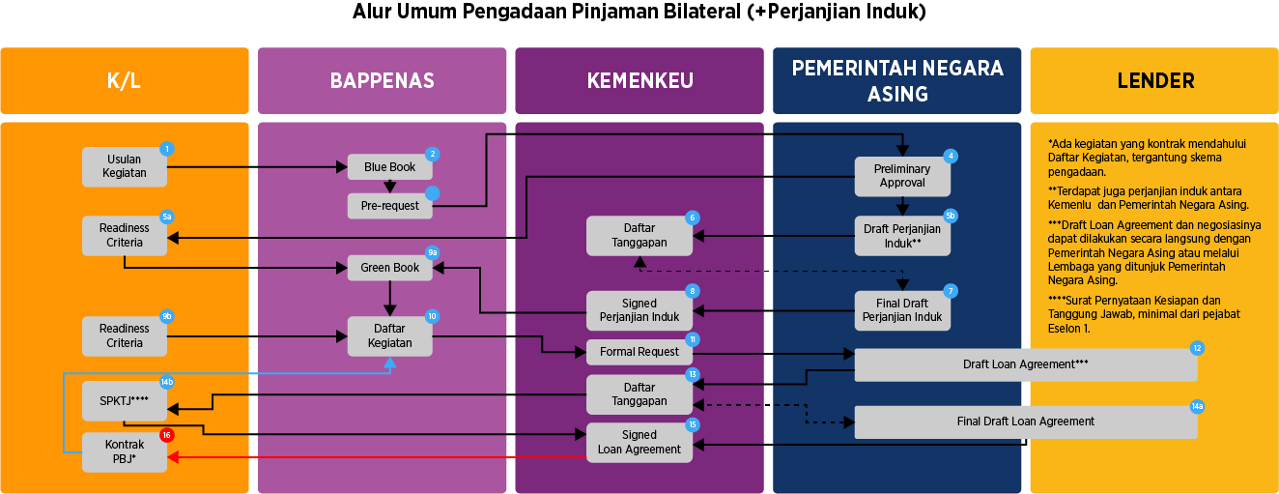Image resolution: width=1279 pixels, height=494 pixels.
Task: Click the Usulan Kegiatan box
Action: tap(125, 166)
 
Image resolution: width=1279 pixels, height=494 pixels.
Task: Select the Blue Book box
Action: tap(389, 167)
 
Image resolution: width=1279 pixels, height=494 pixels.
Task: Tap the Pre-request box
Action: tap(389, 206)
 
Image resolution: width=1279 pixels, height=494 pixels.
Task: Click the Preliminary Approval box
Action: tap(902, 176)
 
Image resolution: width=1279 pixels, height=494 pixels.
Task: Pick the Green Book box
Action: tap(389, 268)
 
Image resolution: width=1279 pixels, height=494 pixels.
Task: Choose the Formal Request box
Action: tap(639, 352)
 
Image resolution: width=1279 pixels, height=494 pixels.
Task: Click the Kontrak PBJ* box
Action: tap(125, 452)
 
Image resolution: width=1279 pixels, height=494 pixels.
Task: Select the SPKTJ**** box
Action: tap(125, 400)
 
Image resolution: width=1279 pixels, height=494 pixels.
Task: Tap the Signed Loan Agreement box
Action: tap(639, 442)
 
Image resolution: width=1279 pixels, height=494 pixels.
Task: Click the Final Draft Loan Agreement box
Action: tap(1025, 421)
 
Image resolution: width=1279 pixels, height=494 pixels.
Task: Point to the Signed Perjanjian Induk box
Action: tap(639, 310)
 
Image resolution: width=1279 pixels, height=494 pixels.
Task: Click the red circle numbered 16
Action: tap(166, 435)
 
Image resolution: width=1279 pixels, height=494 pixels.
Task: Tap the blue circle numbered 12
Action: tap(1197, 348)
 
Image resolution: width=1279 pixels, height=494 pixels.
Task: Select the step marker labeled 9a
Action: tap(432, 252)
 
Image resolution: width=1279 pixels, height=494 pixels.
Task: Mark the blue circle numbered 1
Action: tap(167, 149)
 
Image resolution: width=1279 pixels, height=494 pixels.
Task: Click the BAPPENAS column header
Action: tap(382, 81)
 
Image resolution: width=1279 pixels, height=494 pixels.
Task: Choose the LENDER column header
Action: tap(1154, 81)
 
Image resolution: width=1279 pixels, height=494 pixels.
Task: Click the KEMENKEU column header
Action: tap(639, 81)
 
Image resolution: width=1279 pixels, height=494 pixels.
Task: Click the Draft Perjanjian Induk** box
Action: tap(902, 236)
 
